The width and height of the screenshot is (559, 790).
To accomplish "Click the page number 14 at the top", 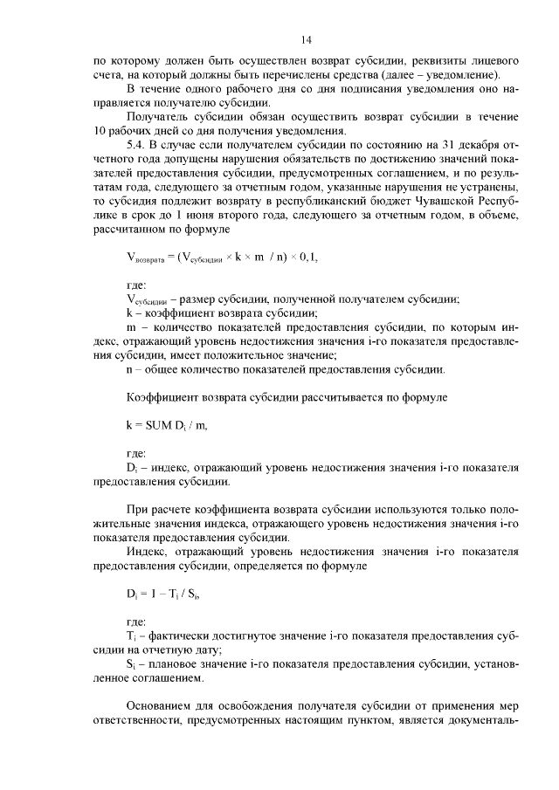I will pos(307,39).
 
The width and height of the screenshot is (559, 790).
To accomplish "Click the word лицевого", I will pos(497,62).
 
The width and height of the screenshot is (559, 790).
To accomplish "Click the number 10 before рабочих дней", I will pos(99,132).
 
